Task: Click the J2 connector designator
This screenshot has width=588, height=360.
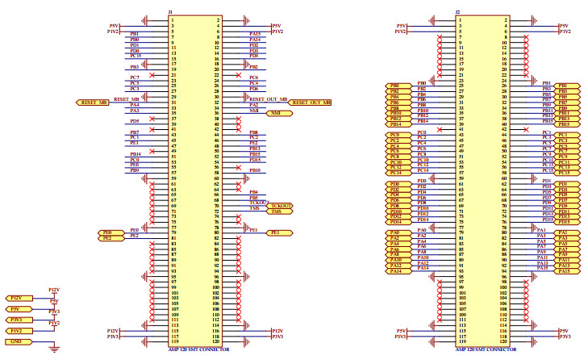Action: point(458,12)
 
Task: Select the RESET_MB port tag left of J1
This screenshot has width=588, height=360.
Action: point(94,103)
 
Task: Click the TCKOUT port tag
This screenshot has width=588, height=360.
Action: point(281,206)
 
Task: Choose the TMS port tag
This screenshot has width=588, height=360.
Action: point(278,212)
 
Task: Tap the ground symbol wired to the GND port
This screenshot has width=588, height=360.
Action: point(53,348)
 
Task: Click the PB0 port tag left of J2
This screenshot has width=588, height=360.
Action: point(395,85)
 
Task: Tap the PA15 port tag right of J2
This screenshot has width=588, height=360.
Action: point(564,271)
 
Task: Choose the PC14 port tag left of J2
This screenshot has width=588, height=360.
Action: point(395,173)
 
